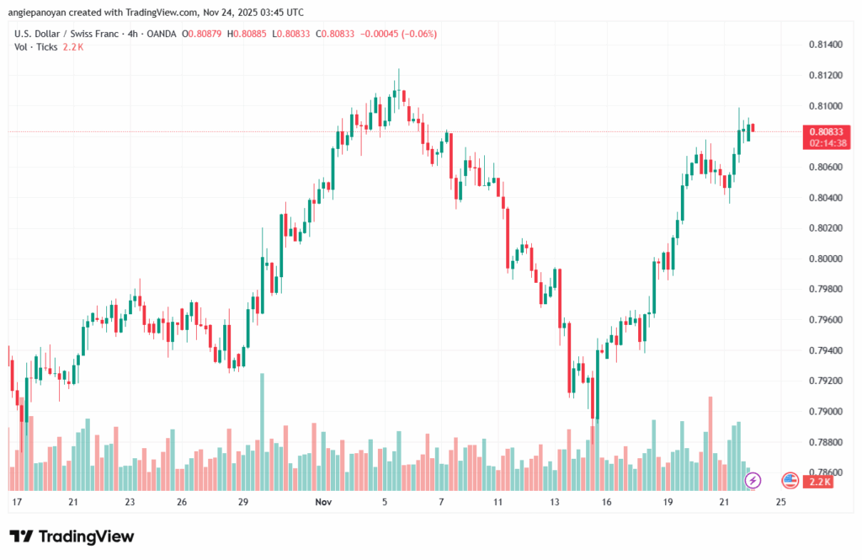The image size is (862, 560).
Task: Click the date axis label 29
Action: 243,502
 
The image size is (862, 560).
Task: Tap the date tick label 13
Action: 554,502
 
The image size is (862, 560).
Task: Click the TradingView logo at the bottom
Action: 72,536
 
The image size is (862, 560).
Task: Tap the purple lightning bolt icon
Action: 753,481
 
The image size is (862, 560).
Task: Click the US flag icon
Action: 790,481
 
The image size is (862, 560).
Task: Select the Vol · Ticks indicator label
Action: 36,47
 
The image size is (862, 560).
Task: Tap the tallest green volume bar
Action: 263,431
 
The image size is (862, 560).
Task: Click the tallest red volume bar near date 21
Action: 710,443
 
